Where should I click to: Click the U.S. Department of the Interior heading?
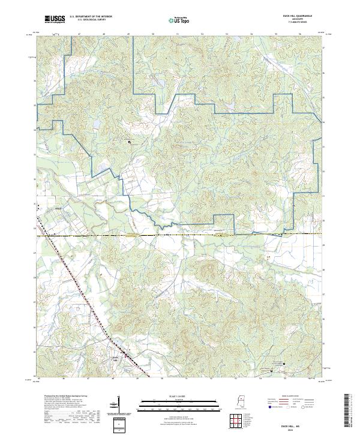tap(90, 17)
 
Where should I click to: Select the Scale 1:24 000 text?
tap(170, 396)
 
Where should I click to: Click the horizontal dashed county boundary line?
tap(180, 235)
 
